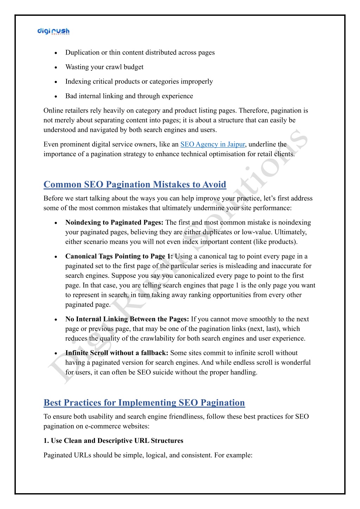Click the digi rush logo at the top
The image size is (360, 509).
click(x=53, y=32)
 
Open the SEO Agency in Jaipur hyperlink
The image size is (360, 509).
click(x=213, y=144)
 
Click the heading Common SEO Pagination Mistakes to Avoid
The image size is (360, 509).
click(x=135, y=185)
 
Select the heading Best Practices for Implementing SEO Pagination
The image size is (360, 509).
click(x=144, y=403)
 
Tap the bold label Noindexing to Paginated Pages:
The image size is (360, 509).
click(x=114, y=223)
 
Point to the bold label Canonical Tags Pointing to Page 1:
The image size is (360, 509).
click(x=119, y=256)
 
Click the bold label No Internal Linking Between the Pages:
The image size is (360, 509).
click(x=127, y=319)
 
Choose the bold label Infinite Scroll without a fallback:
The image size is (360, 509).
click(x=117, y=353)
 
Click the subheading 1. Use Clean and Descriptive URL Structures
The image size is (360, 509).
click(x=113, y=441)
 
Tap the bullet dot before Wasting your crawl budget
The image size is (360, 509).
click(x=56, y=68)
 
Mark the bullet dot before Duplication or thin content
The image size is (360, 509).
click(x=56, y=53)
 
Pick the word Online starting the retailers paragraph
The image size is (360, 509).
click(x=54, y=111)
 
